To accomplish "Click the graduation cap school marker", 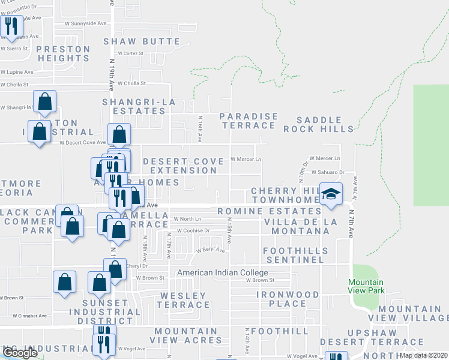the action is pos(330,194).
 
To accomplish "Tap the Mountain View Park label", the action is pos(366,287).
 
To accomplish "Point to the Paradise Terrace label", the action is pos(249,121).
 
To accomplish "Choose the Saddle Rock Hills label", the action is pos(318,124).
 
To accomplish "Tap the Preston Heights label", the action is pos(63,53).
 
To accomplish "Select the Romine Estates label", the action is pos(269,211).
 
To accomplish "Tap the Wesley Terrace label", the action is pos(183,300).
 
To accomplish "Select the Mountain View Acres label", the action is pos(186,335).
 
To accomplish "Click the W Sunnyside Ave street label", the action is pos(89,24).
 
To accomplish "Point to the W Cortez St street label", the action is pos(131,53).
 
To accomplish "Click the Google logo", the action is pos(20,353).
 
